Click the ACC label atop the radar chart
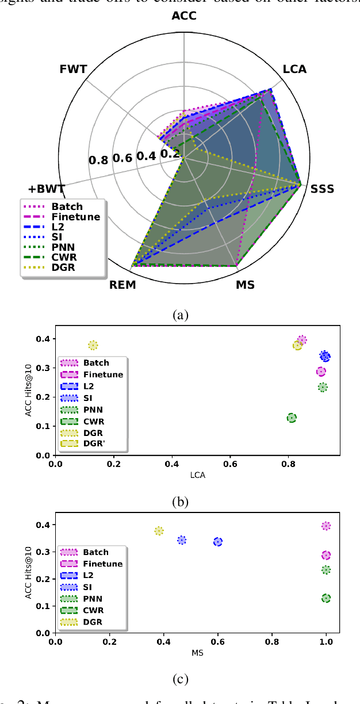(183, 16)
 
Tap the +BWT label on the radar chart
(47, 188)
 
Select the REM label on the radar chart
(122, 285)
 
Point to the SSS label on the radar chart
(322, 189)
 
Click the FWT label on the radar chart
(73, 70)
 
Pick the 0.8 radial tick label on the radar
(98, 159)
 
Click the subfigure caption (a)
(180, 315)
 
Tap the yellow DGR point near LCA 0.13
(93, 345)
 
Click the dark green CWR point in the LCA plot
(292, 418)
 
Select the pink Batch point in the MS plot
(326, 526)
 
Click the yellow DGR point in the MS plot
(159, 531)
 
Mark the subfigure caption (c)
(180, 679)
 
